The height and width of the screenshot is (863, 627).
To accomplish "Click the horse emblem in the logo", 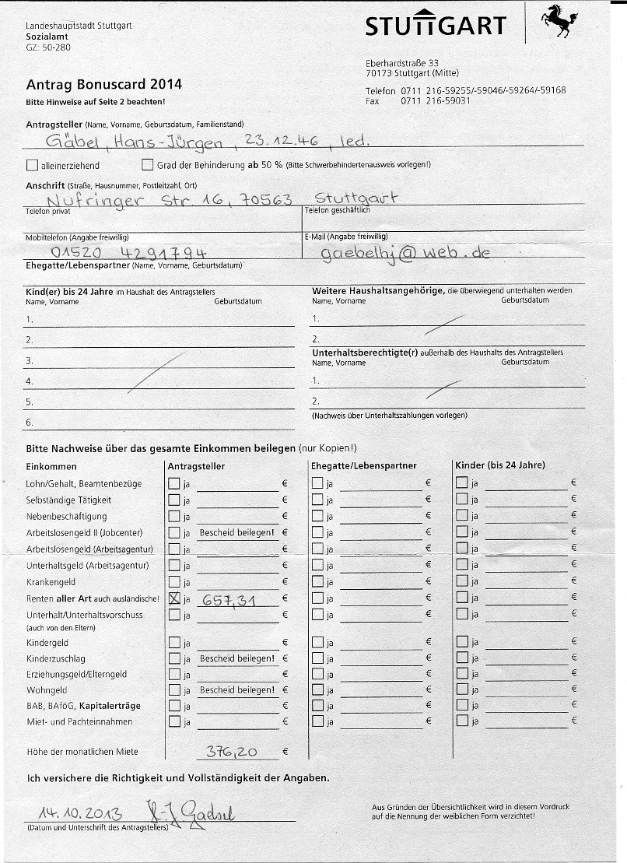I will [x=559, y=21].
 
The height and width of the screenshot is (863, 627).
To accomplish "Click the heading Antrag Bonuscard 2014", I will [x=103, y=85].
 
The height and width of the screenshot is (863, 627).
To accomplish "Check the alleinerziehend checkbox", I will [x=32, y=165].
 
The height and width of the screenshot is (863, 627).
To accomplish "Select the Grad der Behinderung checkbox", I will [x=148, y=165].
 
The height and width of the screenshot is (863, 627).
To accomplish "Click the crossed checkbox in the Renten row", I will [x=174, y=598].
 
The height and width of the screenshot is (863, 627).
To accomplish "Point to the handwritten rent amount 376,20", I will [x=232, y=751].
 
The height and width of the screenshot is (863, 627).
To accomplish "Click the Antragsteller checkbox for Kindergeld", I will [x=174, y=643].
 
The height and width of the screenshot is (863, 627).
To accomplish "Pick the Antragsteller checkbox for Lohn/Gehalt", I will [x=174, y=483].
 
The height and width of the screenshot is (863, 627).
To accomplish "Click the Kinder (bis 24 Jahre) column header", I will [x=499, y=465].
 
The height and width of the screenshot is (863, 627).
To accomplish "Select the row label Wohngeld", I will [x=45, y=690].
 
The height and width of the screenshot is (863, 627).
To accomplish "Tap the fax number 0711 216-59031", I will [x=436, y=101].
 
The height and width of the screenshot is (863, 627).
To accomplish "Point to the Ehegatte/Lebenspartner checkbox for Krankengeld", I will [x=317, y=582].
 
